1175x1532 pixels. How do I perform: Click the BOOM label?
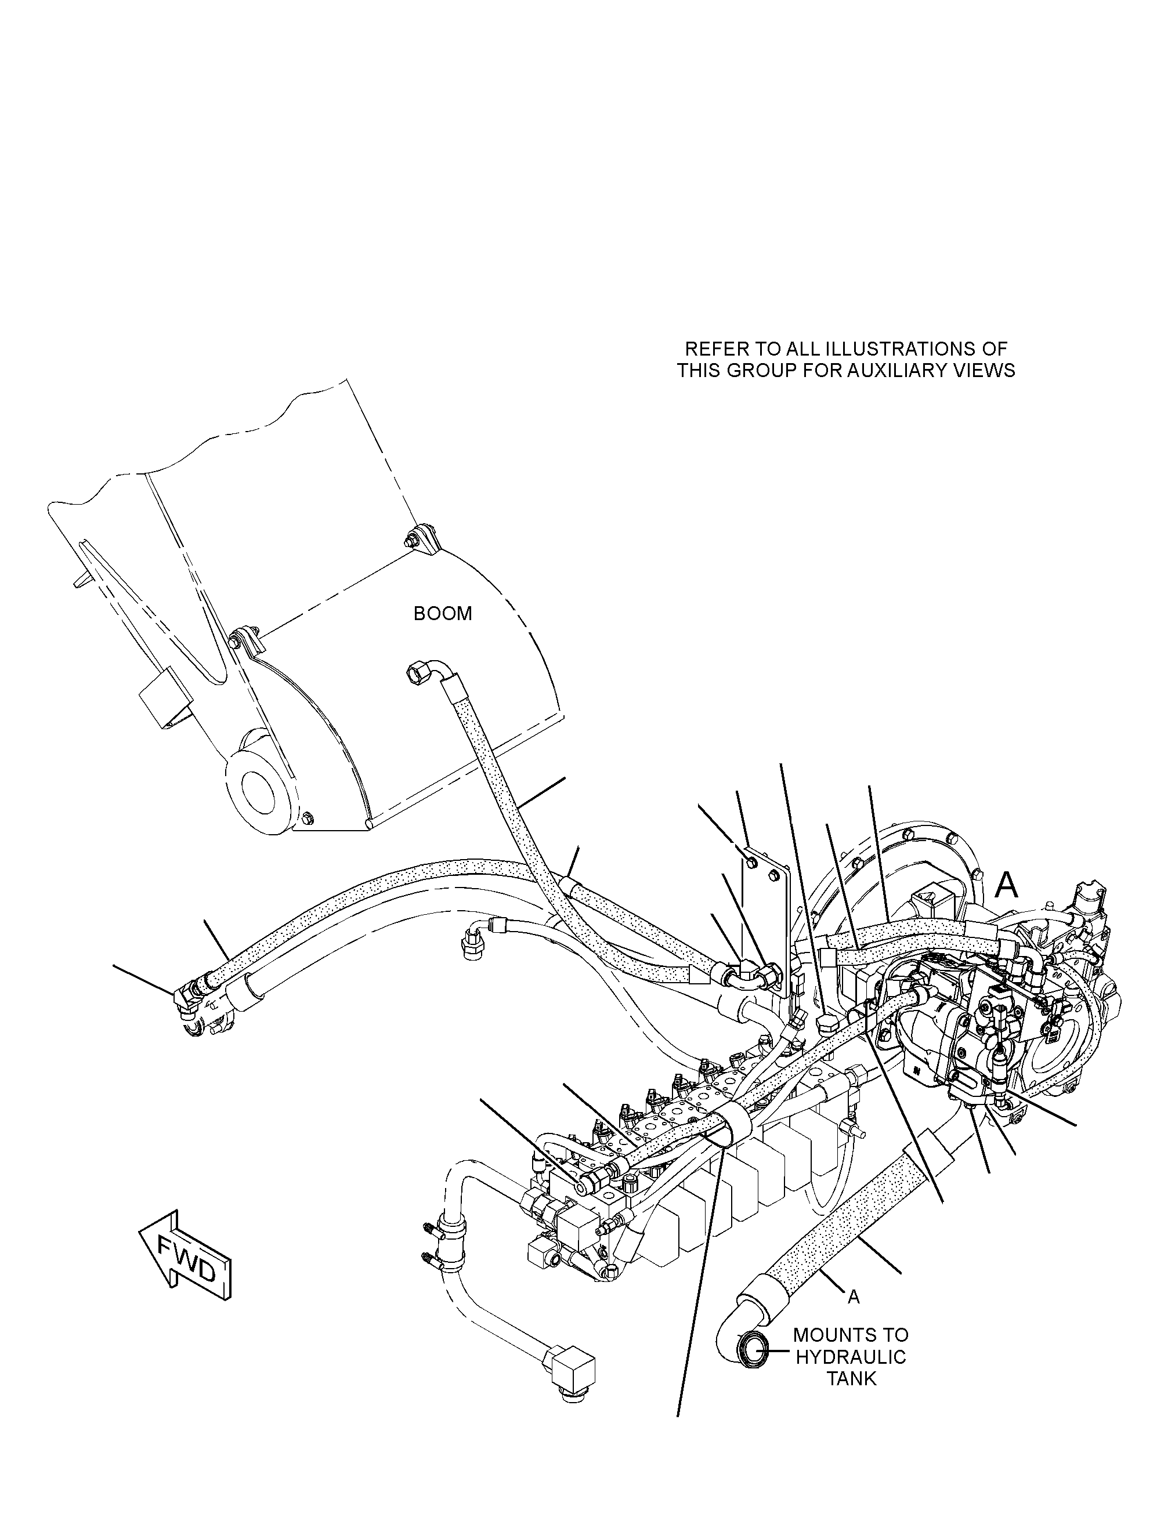coord(443,614)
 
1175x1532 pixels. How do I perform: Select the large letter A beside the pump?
coord(1007,885)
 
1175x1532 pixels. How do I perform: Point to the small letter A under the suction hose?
coord(854,1298)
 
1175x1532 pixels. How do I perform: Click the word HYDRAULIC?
coord(851,1357)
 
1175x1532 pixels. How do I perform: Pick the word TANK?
coord(852,1379)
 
